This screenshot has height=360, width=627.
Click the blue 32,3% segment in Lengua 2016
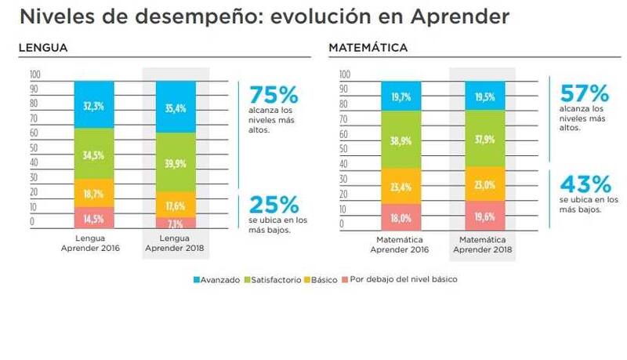pos(93,105)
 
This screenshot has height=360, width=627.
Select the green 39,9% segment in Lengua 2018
pos(176,162)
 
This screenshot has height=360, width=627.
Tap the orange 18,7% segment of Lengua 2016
pos(93,192)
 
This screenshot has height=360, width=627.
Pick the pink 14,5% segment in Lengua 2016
pos(93,217)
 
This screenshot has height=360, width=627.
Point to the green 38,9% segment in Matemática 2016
pos(400,140)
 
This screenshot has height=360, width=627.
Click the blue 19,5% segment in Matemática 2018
pos(483,96)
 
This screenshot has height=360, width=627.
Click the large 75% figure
pos(274,96)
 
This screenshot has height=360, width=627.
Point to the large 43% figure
pos(585,184)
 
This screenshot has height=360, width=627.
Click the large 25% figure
pos(274,205)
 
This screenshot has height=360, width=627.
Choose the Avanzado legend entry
pos(216,279)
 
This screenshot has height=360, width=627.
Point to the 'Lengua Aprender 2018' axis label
pos(176,244)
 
